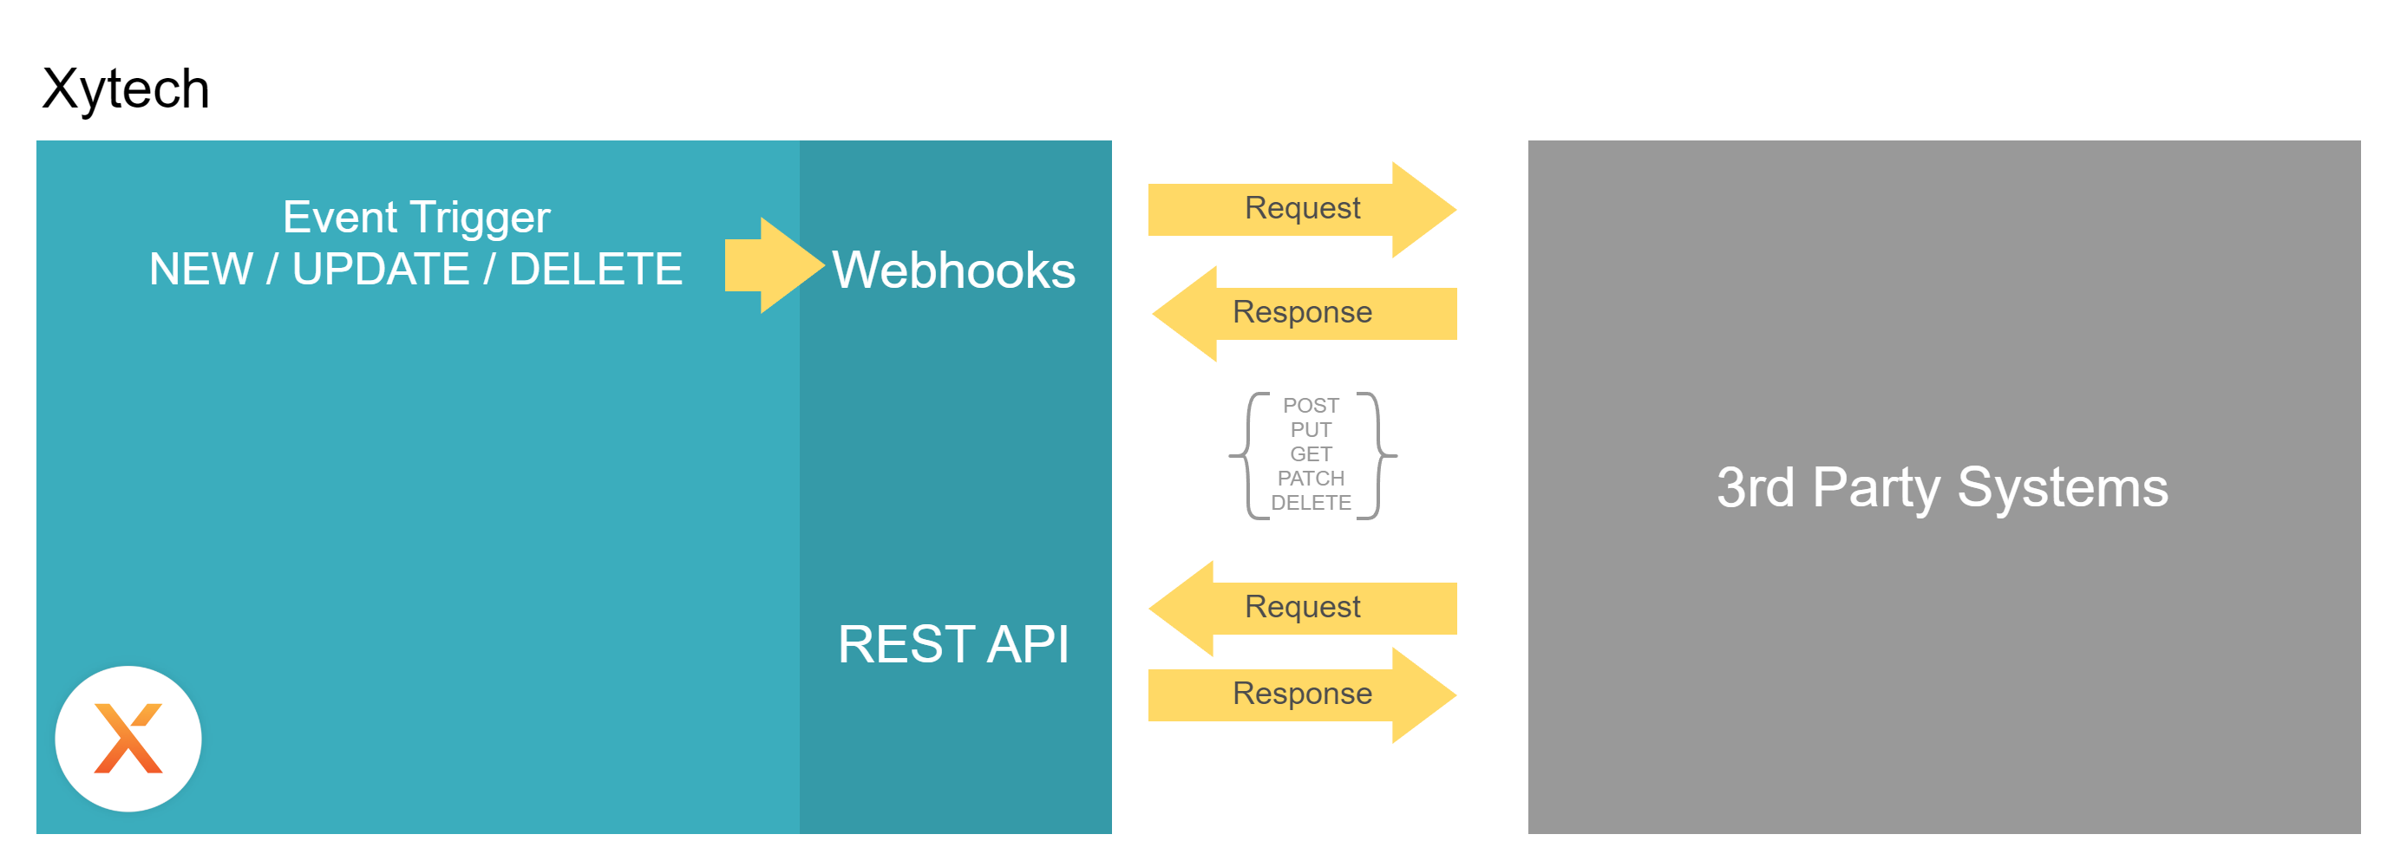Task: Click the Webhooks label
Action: click(x=953, y=271)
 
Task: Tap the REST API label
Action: click(x=953, y=644)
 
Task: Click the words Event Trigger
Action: click(x=415, y=218)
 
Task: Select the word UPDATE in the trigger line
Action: click(x=381, y=270)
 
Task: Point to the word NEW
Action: click(x=200, y=270)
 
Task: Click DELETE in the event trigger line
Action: click(x=596, y=270)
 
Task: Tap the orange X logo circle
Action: click(x=128, y=739)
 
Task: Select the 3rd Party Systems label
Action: click(x=1942, y=487)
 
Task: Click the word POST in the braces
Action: click(x=1311, y=405)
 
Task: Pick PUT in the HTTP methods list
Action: click(x=1311, y=429)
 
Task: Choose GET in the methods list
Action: click(x=1311, y=453)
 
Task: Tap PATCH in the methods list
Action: click(x=1311, y=478)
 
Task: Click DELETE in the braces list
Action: click(x=1311, y=502)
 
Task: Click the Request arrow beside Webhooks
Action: click(x=1302, y=209)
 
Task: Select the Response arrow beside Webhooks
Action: click(x=1302, y=313)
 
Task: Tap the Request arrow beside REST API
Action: click(x=1302, y=608)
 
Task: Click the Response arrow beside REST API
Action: click(x=1302, y=694)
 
